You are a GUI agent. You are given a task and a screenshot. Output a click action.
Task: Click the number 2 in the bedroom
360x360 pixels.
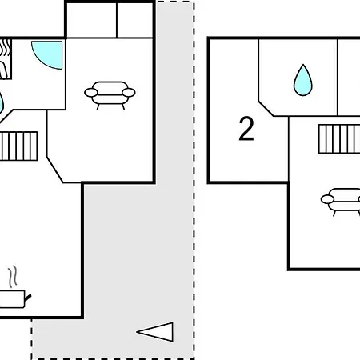(246, 129)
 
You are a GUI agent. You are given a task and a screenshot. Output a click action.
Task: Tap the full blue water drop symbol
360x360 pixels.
(303, 81)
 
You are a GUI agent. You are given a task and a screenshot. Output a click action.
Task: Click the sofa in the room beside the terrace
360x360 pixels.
(110, 94)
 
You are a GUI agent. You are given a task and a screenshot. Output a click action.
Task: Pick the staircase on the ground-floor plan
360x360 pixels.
(18, 146)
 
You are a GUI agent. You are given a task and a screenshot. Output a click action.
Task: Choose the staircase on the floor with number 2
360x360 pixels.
(339, 138)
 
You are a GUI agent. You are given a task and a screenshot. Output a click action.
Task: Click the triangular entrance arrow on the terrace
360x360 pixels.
(155, 332)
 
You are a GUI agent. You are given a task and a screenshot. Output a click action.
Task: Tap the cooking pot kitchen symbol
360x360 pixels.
(14, 299)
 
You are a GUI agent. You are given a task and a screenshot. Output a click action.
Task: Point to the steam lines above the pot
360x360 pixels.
(13, 277)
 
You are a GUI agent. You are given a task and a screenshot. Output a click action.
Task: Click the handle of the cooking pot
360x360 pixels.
(28, 298)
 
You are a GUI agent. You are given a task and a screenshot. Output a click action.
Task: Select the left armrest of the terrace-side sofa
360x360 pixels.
(91, 93)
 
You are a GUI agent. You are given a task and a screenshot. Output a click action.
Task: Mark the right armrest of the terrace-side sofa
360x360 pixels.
(129, 93)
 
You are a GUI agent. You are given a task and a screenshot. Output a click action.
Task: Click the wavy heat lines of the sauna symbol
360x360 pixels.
(6, 47)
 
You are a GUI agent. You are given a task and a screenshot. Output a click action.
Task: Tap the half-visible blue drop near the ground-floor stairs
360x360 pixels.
(1, 103)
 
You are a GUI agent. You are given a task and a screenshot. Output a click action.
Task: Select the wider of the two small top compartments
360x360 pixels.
(91, 20)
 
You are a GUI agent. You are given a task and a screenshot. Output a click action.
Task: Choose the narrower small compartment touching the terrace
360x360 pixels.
(135, 20)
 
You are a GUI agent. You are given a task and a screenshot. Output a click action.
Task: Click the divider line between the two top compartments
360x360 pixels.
(117, 20)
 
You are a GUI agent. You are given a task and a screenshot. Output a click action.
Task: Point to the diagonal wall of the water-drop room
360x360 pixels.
(266, 109)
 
